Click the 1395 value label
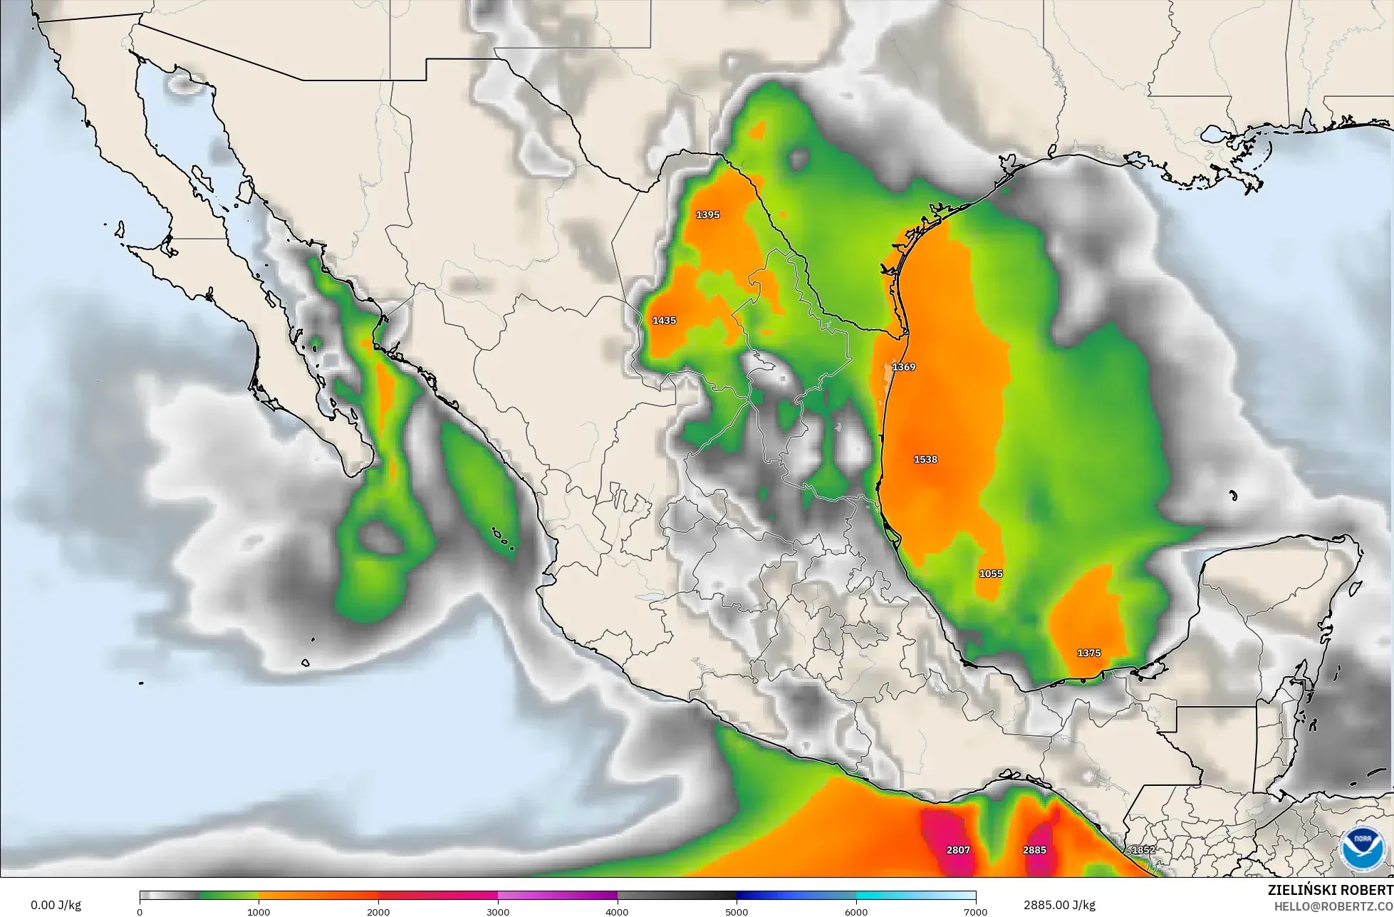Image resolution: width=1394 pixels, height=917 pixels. [x=708, y=214]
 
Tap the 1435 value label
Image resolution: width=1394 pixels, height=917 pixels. [x=664, y=321]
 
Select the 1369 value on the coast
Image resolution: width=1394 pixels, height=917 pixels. [x=904, y=367]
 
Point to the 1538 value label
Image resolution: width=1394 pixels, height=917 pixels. [x=925, y=460]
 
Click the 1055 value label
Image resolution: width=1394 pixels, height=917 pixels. [x=991, y=574]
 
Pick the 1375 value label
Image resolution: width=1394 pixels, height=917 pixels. [x=1088, y=653]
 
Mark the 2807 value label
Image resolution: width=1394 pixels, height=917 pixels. [x=958, y=850]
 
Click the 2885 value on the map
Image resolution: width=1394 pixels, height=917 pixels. [x=1034, y=850]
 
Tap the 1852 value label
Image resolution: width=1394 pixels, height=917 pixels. [x=1143, y=850]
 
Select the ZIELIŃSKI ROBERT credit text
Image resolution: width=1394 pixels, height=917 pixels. [x=1331, y=890]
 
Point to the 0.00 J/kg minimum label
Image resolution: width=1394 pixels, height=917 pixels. [x=56, y=905]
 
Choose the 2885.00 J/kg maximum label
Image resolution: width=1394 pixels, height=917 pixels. [x=1060, y=905]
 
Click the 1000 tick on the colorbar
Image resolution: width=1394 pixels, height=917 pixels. [x=259, y=911]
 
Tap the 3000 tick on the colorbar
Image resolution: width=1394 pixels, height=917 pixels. [x=498, y=911]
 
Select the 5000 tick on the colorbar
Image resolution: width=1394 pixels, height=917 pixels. [x=737, y=911]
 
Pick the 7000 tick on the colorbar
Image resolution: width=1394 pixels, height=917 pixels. [x=975, y=911]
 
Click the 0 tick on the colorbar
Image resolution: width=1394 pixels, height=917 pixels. [x=140, y=911]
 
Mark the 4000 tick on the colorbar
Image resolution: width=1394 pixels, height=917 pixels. [x=618, y=911]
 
